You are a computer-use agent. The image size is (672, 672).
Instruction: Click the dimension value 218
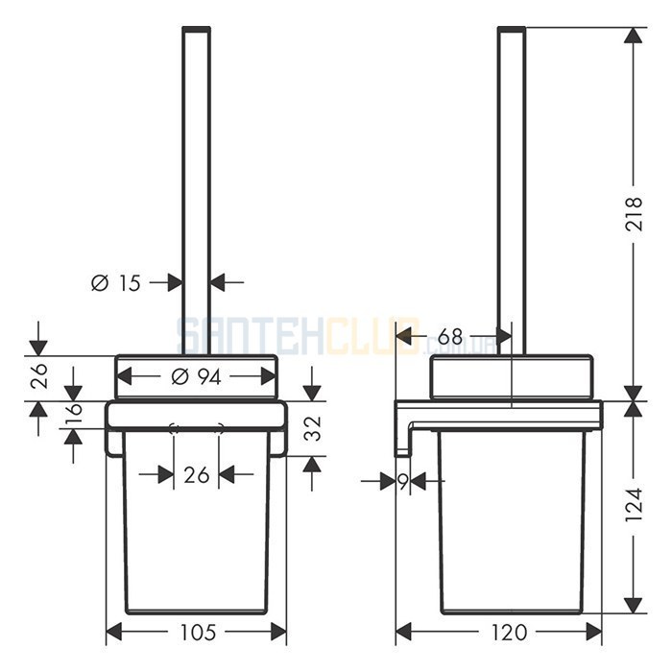click(634, 214)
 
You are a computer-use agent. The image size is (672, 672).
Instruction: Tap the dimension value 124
click(634, 504)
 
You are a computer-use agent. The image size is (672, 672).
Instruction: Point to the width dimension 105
click(198, 632)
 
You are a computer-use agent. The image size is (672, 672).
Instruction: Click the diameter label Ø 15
click(116, 283)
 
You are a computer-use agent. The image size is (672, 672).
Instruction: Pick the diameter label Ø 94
click(196, 376)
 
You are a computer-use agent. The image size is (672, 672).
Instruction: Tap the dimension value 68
click(450, 336)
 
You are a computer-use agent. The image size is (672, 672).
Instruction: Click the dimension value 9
click(403, 482)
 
